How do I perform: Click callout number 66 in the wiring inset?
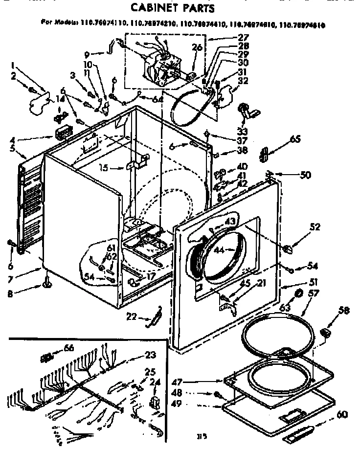coord(69,348)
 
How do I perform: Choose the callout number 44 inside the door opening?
coord(219,250)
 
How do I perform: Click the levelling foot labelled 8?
coord(48,283)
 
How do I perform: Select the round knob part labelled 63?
coord(297,293)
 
